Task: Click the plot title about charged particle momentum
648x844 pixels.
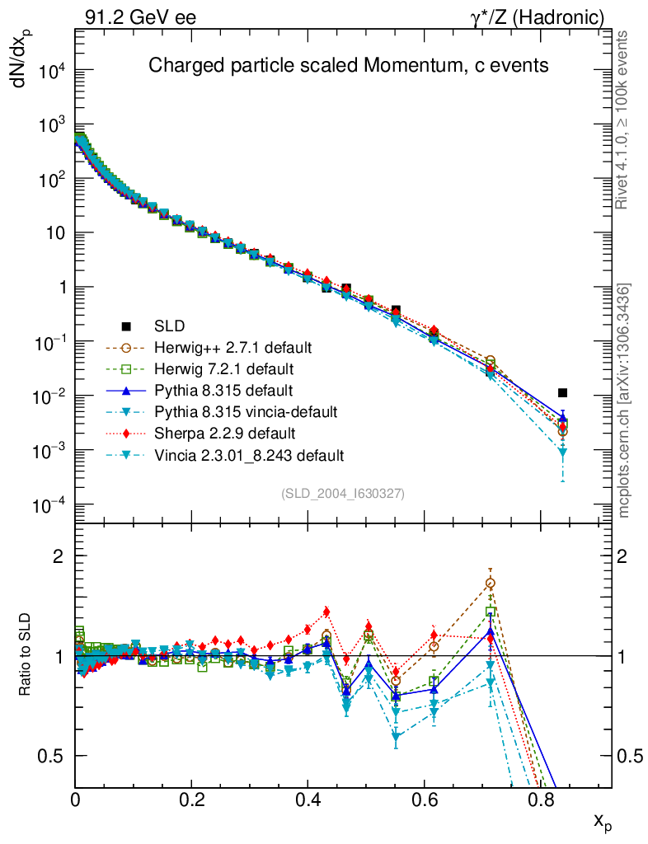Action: [348, 66]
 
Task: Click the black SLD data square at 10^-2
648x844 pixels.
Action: [562, 393]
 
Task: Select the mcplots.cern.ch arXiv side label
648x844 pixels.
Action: [625, 400]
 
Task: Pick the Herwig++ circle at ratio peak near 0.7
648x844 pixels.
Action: [491, 584]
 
